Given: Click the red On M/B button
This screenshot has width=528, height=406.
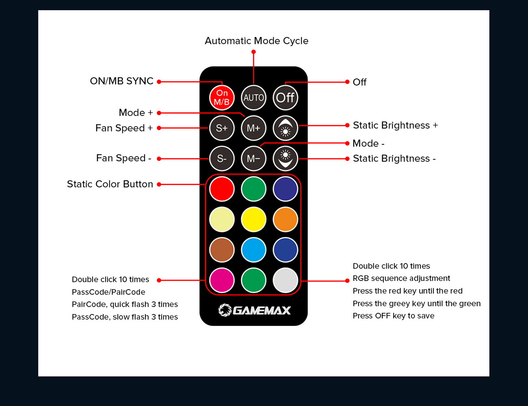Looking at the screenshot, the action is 222,98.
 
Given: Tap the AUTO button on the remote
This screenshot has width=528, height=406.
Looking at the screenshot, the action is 253,98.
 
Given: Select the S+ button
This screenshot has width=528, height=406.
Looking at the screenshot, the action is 222,128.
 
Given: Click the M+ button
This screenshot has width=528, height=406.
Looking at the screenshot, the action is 253,128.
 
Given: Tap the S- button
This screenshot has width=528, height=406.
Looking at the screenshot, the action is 222,158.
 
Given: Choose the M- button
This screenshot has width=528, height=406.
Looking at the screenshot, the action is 253,158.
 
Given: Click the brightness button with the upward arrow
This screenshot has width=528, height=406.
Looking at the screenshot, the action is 285,128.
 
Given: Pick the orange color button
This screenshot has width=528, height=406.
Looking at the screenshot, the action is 285,219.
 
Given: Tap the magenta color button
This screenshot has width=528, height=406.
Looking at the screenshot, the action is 222,280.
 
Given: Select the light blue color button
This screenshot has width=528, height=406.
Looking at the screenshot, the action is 253,250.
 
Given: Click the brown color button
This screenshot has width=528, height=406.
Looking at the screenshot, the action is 222,250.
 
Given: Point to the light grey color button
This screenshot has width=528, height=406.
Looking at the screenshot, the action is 285,280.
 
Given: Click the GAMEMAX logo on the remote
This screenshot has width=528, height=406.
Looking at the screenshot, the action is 254,310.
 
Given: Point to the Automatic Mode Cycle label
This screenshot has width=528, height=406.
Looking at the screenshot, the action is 256,41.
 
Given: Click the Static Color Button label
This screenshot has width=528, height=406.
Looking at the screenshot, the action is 110,184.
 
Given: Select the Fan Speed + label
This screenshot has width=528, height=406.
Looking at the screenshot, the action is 124,128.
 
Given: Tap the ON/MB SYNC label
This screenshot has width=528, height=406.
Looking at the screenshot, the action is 121,81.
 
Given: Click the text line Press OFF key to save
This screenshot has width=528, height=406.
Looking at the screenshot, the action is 393,316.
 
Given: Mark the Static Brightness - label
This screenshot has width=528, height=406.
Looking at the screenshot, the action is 394,159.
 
